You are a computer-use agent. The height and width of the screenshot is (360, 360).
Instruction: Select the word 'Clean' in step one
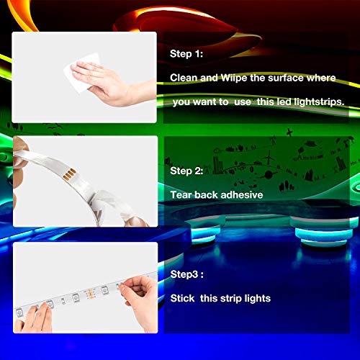184,77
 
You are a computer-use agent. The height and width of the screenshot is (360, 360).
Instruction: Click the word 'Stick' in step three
184,297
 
